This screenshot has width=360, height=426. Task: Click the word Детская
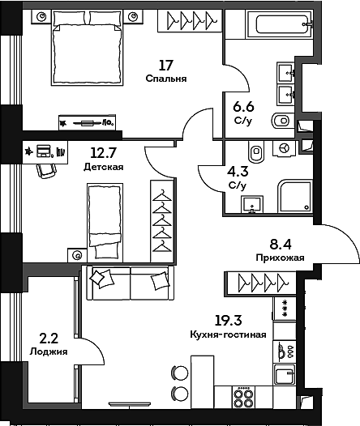click(103, 168)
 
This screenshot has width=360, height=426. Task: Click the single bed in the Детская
click(104, 215)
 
